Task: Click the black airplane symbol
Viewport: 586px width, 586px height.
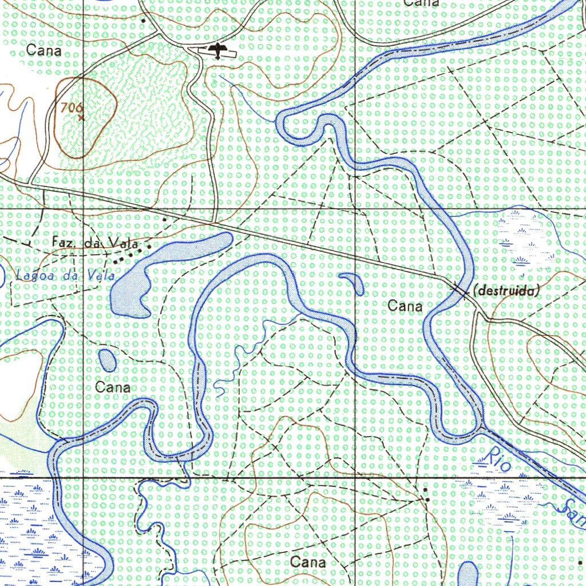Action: pos(217,50)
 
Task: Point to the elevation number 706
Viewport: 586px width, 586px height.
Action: pos(71,106)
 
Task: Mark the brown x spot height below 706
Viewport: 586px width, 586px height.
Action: pos(81,118)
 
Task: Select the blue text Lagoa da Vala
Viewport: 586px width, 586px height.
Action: pos(65,275)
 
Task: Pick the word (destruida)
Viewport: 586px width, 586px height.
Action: pos(506,291)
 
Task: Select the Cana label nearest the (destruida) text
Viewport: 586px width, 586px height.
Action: pos(405,306)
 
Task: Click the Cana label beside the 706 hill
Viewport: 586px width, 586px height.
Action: pos(43,51)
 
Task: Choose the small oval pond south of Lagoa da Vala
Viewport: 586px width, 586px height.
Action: pos(107,359)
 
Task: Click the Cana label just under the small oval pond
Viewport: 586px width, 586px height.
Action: pos(113,387)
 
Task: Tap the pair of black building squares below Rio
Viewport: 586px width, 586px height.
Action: pos(427,495)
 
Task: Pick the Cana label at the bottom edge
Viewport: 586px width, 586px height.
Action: pos(308,562)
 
